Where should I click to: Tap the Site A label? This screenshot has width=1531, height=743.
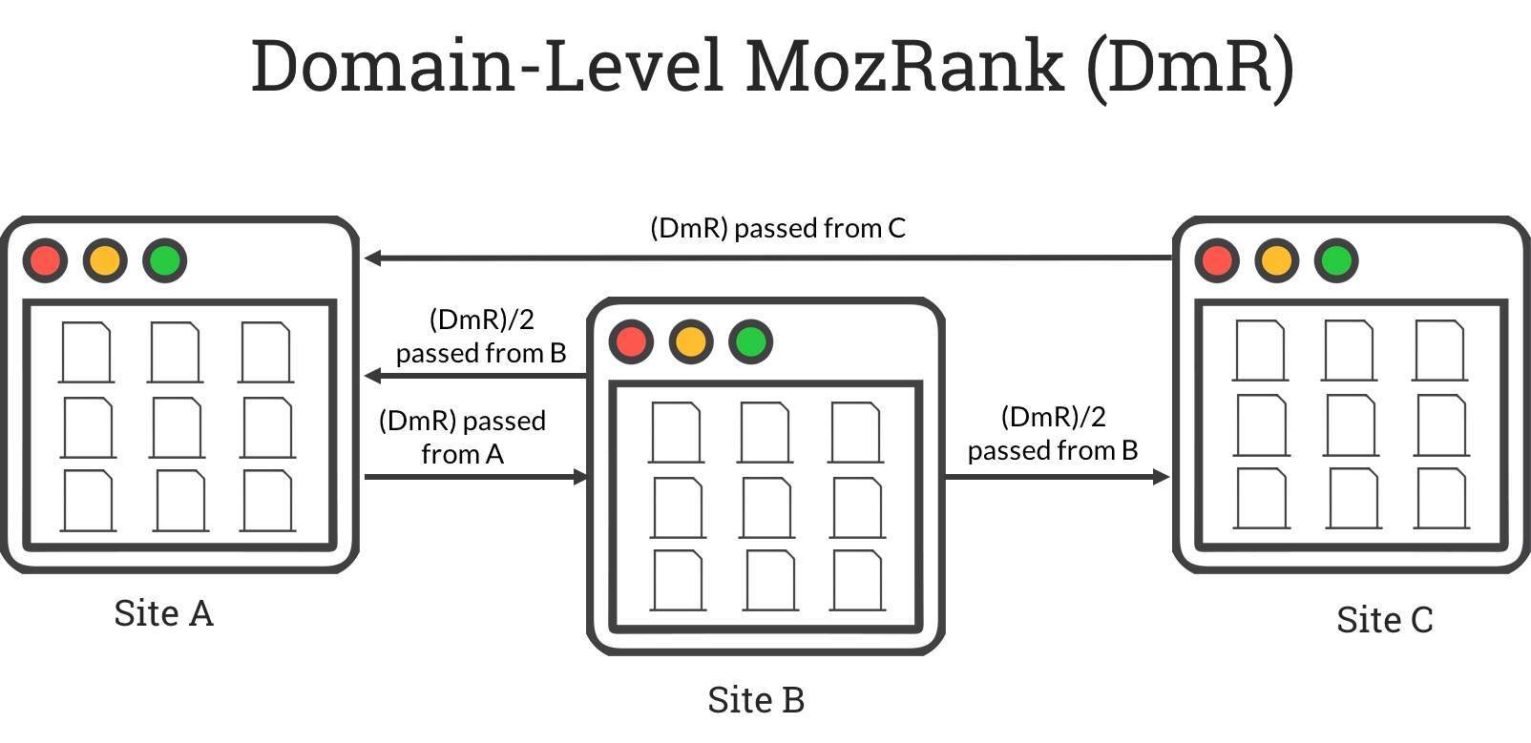(x=163, y=613)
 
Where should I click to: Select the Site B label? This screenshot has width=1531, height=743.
(x=756, y=700)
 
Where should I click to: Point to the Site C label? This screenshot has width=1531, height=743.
(x=1384, y=620)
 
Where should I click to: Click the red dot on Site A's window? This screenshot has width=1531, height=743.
(x=45, y=260)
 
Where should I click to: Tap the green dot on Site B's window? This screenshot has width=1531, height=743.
(x=750, y=341)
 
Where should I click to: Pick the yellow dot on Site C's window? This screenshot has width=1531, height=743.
(x=1276, y=260)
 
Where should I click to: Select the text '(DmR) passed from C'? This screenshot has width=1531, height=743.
(x=777, y=229)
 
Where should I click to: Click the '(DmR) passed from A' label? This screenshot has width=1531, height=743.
(x=462, y=437)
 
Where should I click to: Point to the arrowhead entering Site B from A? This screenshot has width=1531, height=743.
(x=580, y=476)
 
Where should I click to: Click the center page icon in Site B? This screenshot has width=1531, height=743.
(x=766, y=507)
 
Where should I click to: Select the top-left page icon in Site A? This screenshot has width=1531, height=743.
(x=86, y=353)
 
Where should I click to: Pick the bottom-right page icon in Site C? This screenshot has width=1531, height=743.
(x=1441, y=498)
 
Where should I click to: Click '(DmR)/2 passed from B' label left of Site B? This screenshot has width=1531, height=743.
(x=481, y=336)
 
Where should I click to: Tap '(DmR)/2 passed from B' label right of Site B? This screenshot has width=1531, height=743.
(x=1053, y=433)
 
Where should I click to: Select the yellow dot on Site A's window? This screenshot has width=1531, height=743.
(x=105, y=260)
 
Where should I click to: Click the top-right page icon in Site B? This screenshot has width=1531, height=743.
(x=855, y=432)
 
